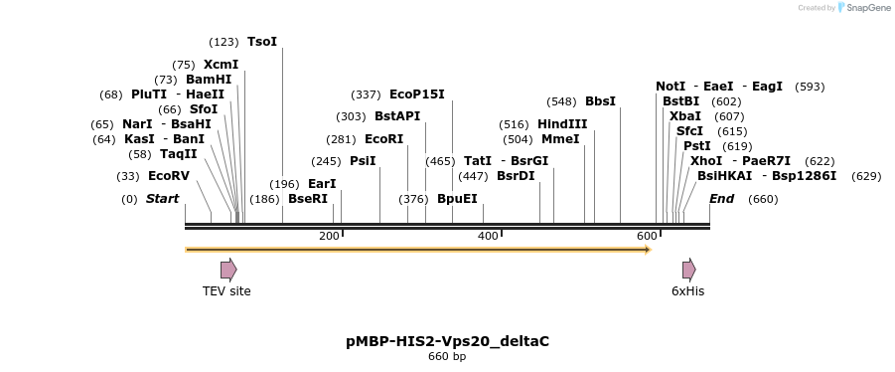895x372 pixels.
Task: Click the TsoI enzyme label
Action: [x=262, y=42]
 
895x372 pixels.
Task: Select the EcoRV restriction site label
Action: [x=168, y=176]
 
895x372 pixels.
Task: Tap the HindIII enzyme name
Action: [x=562, y=124]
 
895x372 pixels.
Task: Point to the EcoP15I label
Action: [x=417, y=94]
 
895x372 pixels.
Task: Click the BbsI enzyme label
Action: [x=600, y=101]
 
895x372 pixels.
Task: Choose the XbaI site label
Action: [x=685, y=116]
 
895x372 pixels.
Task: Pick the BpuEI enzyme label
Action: [x=457, y=199]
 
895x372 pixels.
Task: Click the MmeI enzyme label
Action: [x=559, y=139]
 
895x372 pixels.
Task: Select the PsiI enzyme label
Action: [x=363, y=161]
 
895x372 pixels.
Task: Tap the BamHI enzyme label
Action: [x=209, y=80]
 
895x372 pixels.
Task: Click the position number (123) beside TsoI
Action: [x=224, y=42]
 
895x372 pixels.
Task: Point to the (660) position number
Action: [x=763, y=199]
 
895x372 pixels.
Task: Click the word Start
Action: [x=162, y=199]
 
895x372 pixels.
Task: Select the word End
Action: [x=721, y=199]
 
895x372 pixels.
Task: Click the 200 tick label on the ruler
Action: [x=329, y=236]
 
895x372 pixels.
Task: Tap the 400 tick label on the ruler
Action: [x=488, y=236]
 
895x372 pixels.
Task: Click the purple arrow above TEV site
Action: [x=228, y=270]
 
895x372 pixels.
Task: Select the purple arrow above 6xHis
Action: [x=688, y=270]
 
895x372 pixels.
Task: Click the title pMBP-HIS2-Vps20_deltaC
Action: [x=447, y=341]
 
